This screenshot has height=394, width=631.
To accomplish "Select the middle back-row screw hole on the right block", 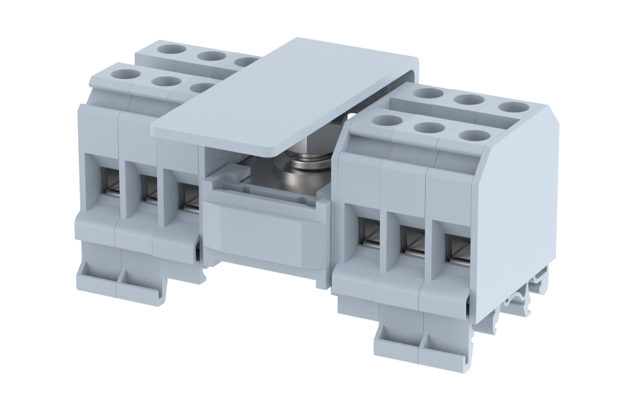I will click(469, 100).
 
